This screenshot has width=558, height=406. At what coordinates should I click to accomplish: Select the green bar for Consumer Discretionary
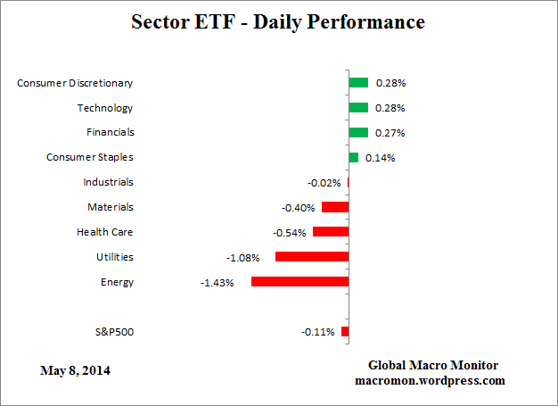click(358, 83)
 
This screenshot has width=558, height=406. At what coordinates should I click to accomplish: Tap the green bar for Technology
click(358, 108)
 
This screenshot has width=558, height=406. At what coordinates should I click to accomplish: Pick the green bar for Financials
click(358, 133)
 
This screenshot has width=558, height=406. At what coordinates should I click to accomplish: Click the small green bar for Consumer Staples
click(354, 158)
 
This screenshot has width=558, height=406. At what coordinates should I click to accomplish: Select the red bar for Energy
click(300, 282)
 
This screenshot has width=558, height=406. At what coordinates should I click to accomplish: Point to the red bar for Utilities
click(312, 257)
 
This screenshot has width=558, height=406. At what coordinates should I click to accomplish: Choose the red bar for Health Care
click(331, 232)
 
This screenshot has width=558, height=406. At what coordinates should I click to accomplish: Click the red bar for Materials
click(335, 207)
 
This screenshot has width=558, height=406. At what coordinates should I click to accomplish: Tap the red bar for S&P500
click(345, 332)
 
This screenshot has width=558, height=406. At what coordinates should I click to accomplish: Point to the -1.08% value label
click(243, 258)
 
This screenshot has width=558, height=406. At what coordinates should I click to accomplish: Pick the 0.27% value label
click(390, 133)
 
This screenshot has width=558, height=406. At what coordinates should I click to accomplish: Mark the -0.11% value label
click(318, 333)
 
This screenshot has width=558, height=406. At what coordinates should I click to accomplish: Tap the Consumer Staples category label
click(89, 157)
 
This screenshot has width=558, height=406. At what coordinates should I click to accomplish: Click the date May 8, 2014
click(76, 369)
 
